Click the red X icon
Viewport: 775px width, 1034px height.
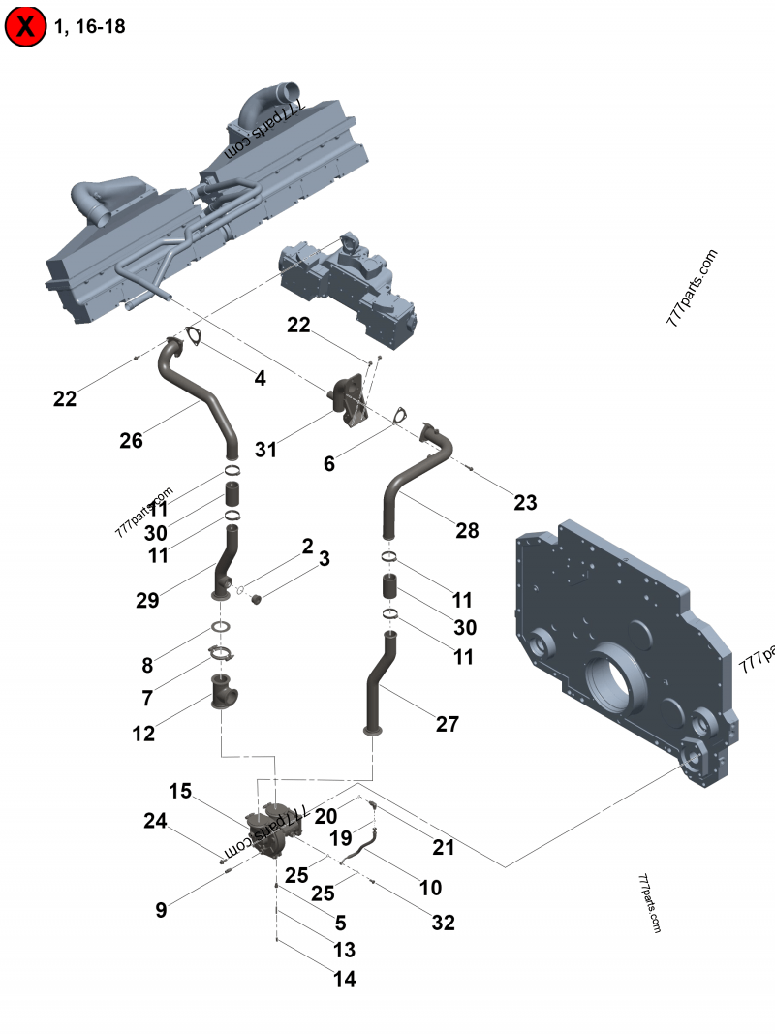[26, 26]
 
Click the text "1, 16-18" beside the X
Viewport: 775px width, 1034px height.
[90, 26]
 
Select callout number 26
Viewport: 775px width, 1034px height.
[131, 441]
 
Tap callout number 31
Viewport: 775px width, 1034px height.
[265, 450]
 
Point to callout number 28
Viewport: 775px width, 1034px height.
[467, 530]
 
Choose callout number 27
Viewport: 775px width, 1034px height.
[447, 723]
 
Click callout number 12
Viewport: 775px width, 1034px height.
[143, 734]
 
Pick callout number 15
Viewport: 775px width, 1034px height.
[180, 791]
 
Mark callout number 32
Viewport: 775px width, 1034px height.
[443, 923]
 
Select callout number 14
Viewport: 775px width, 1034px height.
[344, 979]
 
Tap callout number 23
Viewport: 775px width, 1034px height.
[525, 502]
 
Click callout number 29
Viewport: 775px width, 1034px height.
[147, 601]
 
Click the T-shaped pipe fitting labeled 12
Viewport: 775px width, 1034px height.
[226, 696]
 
